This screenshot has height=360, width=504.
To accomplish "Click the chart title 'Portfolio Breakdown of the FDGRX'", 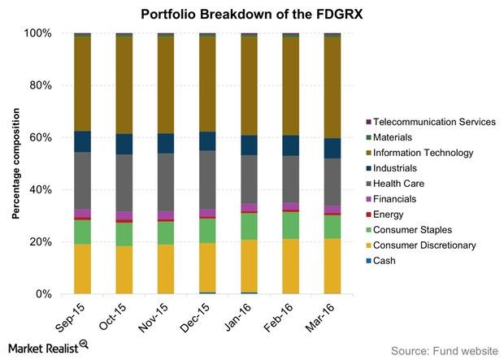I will pos(251,14).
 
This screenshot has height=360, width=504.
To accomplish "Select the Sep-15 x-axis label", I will pos(76,314).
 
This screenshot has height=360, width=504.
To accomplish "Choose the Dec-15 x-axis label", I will pos(202,314).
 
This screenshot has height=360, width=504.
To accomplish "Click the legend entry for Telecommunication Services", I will pos(430,122).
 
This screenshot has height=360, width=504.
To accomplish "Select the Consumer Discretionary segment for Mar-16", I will pos(332,266).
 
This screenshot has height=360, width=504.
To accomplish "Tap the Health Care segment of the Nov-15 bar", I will pos(166,171).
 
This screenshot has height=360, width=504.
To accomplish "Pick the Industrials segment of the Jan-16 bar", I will pos(249,145).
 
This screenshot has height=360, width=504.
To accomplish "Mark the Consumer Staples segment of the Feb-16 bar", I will pos(291,225).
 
